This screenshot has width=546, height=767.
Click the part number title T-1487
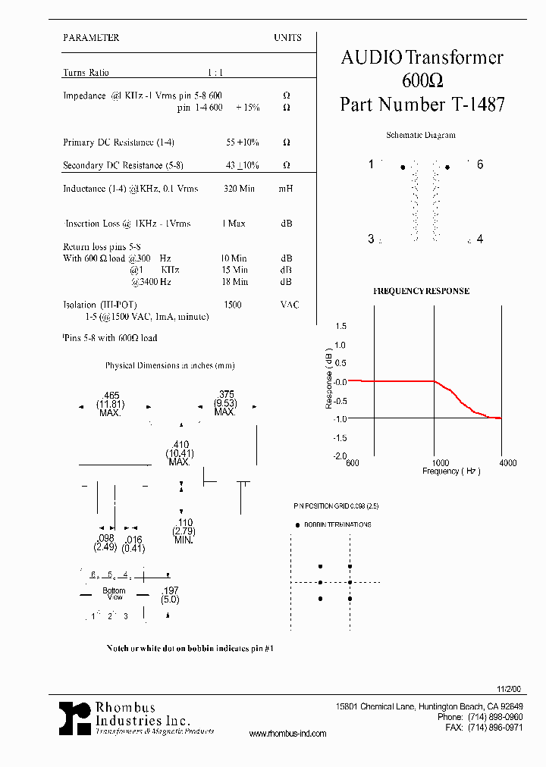pyautogui.click(x=422, y=105)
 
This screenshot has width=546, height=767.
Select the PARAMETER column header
pyautogui.click(x=91, y=37)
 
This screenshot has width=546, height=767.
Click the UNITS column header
pyautogui.click(x=287, y=37)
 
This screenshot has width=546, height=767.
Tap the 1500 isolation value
pyautogui.click(x=233, y=305)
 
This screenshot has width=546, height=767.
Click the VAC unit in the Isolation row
pyautogui.click(x=289, y=305)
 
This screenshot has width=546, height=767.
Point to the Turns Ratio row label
pyautogui.click(x=86, y=73)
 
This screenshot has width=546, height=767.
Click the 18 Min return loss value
pyautogui.click(x=234, y=282)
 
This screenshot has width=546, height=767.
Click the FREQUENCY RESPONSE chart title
pyautogui.click(x=421, y=291)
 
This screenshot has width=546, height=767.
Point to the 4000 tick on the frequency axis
pyautogui.click(x=507, y=463)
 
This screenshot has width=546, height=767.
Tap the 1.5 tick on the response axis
pyautogui.click(x=340, y=326)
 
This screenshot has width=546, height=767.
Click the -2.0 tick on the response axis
pyautogui.click(x=339, y=456)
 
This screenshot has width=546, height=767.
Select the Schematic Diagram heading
pyautogui.click(x=421, y=135)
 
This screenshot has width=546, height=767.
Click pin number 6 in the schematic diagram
pyautogui.click(x=480, y=165)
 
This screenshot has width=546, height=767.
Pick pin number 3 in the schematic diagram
pyautogui.click(x=371, y=239)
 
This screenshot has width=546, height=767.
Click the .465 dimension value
pyautogui.click(x=111, y=395)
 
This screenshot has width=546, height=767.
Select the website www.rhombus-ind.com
pyautogui.click(x=287, y=734)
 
